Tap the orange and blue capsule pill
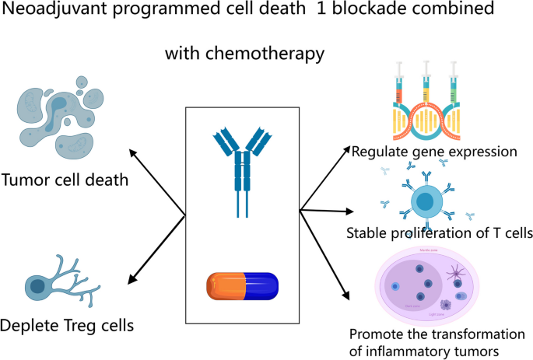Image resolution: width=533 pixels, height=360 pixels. click(242, 285)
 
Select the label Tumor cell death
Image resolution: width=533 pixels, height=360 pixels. click(65, 181)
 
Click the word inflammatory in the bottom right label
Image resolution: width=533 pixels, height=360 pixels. click(403, 351)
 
